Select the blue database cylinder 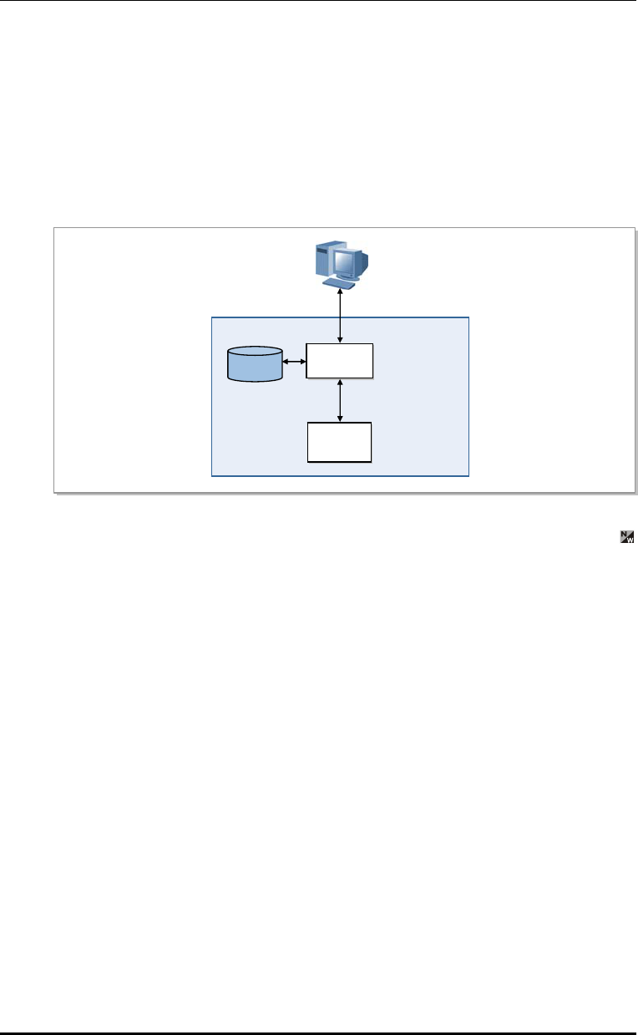coord(255,366)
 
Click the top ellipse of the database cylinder coord(255,354)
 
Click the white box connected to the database coord(340,362)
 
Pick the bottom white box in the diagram coord(340,442)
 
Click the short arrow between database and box coord(294,363)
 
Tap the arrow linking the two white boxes coord(340,401)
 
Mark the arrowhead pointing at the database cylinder coord(286,363)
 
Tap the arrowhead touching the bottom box coord(340,419)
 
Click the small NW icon coord(626,537)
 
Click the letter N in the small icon coord(624,535)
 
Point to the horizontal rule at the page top coord(319,1)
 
